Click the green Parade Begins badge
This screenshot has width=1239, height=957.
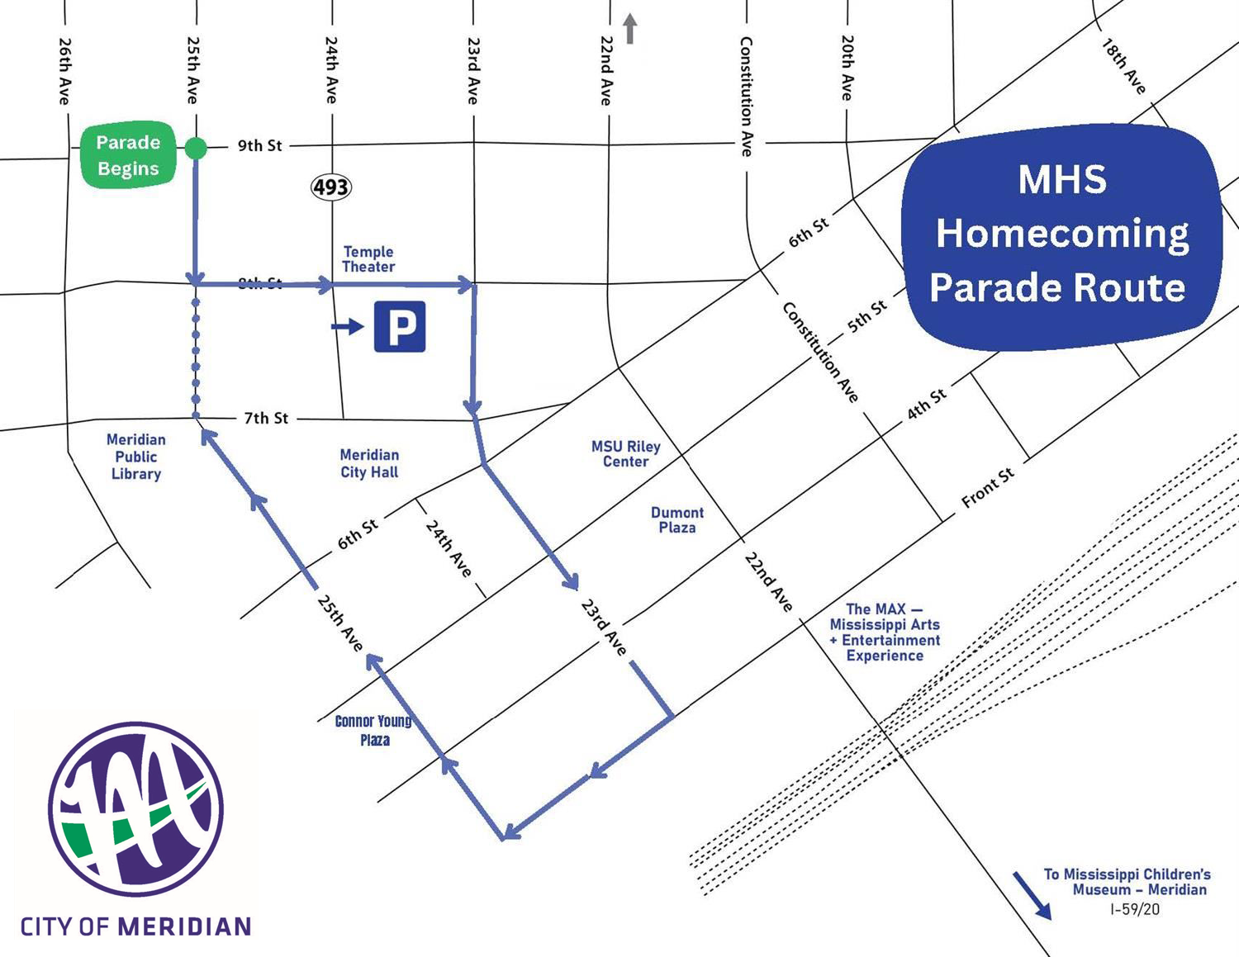(x=128, y=155)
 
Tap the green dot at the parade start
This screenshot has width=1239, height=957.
(x=196, y=148)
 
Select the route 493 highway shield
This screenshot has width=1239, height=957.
(x=331, y=187)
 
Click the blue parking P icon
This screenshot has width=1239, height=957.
(x=400, y=327)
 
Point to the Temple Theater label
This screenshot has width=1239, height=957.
(x=368, y=259)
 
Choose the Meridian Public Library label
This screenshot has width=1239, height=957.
(x=136, y=457)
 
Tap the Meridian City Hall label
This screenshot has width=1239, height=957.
(x=369, y=463)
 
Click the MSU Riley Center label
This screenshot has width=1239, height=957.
(x=626, y=454)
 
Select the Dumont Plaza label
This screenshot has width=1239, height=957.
(x=677, y=520)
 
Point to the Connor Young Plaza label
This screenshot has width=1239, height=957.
(x=374, y=730)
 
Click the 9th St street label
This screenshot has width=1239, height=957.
(x=260, y=146)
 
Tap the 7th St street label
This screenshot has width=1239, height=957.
(x=266, y=419)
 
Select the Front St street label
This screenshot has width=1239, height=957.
(x=988, y=488)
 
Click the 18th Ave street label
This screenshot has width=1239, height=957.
(x=1124, y=66)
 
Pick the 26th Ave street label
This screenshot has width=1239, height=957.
(x=65, y=70)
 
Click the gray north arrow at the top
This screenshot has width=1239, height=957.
(x=630, y=29)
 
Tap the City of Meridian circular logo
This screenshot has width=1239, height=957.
(x=135, y=809)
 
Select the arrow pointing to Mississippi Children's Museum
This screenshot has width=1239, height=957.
(x=1032, y=895)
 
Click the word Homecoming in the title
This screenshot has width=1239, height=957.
(x=1062, y=234)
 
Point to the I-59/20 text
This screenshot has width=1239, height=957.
(x=1135, y=909)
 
